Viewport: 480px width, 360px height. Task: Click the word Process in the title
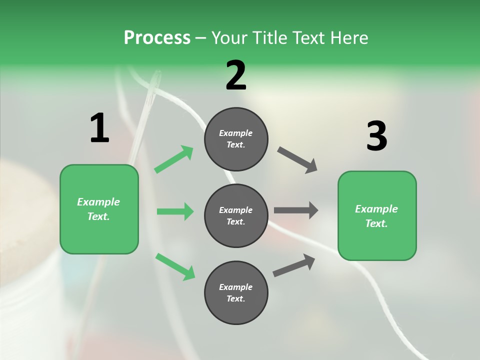(x=157, y=38)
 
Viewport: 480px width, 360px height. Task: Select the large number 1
(x=99, y=128)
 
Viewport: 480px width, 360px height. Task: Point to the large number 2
(x=236, y=75)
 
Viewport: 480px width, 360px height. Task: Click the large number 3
(x=376, y=136)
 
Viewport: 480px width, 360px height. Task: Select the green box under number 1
(x=99, y=209)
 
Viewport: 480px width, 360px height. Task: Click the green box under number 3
(x=377, y=216)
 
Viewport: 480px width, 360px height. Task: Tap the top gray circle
(x=236, y=139)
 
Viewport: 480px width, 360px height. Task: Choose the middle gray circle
(x=236, y=215)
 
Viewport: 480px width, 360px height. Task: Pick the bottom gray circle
(x=236, y=292)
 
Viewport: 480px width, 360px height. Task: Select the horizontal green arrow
(x=175, y=211)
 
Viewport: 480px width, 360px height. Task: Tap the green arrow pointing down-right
(x=175, y=266)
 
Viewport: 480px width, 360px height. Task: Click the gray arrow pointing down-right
(x=297, y=160)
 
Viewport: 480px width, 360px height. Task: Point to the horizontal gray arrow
(x=296, y=210)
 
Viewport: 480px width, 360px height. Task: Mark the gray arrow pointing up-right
(x=294, y=265)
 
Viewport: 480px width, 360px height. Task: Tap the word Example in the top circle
(x=236, y=133)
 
